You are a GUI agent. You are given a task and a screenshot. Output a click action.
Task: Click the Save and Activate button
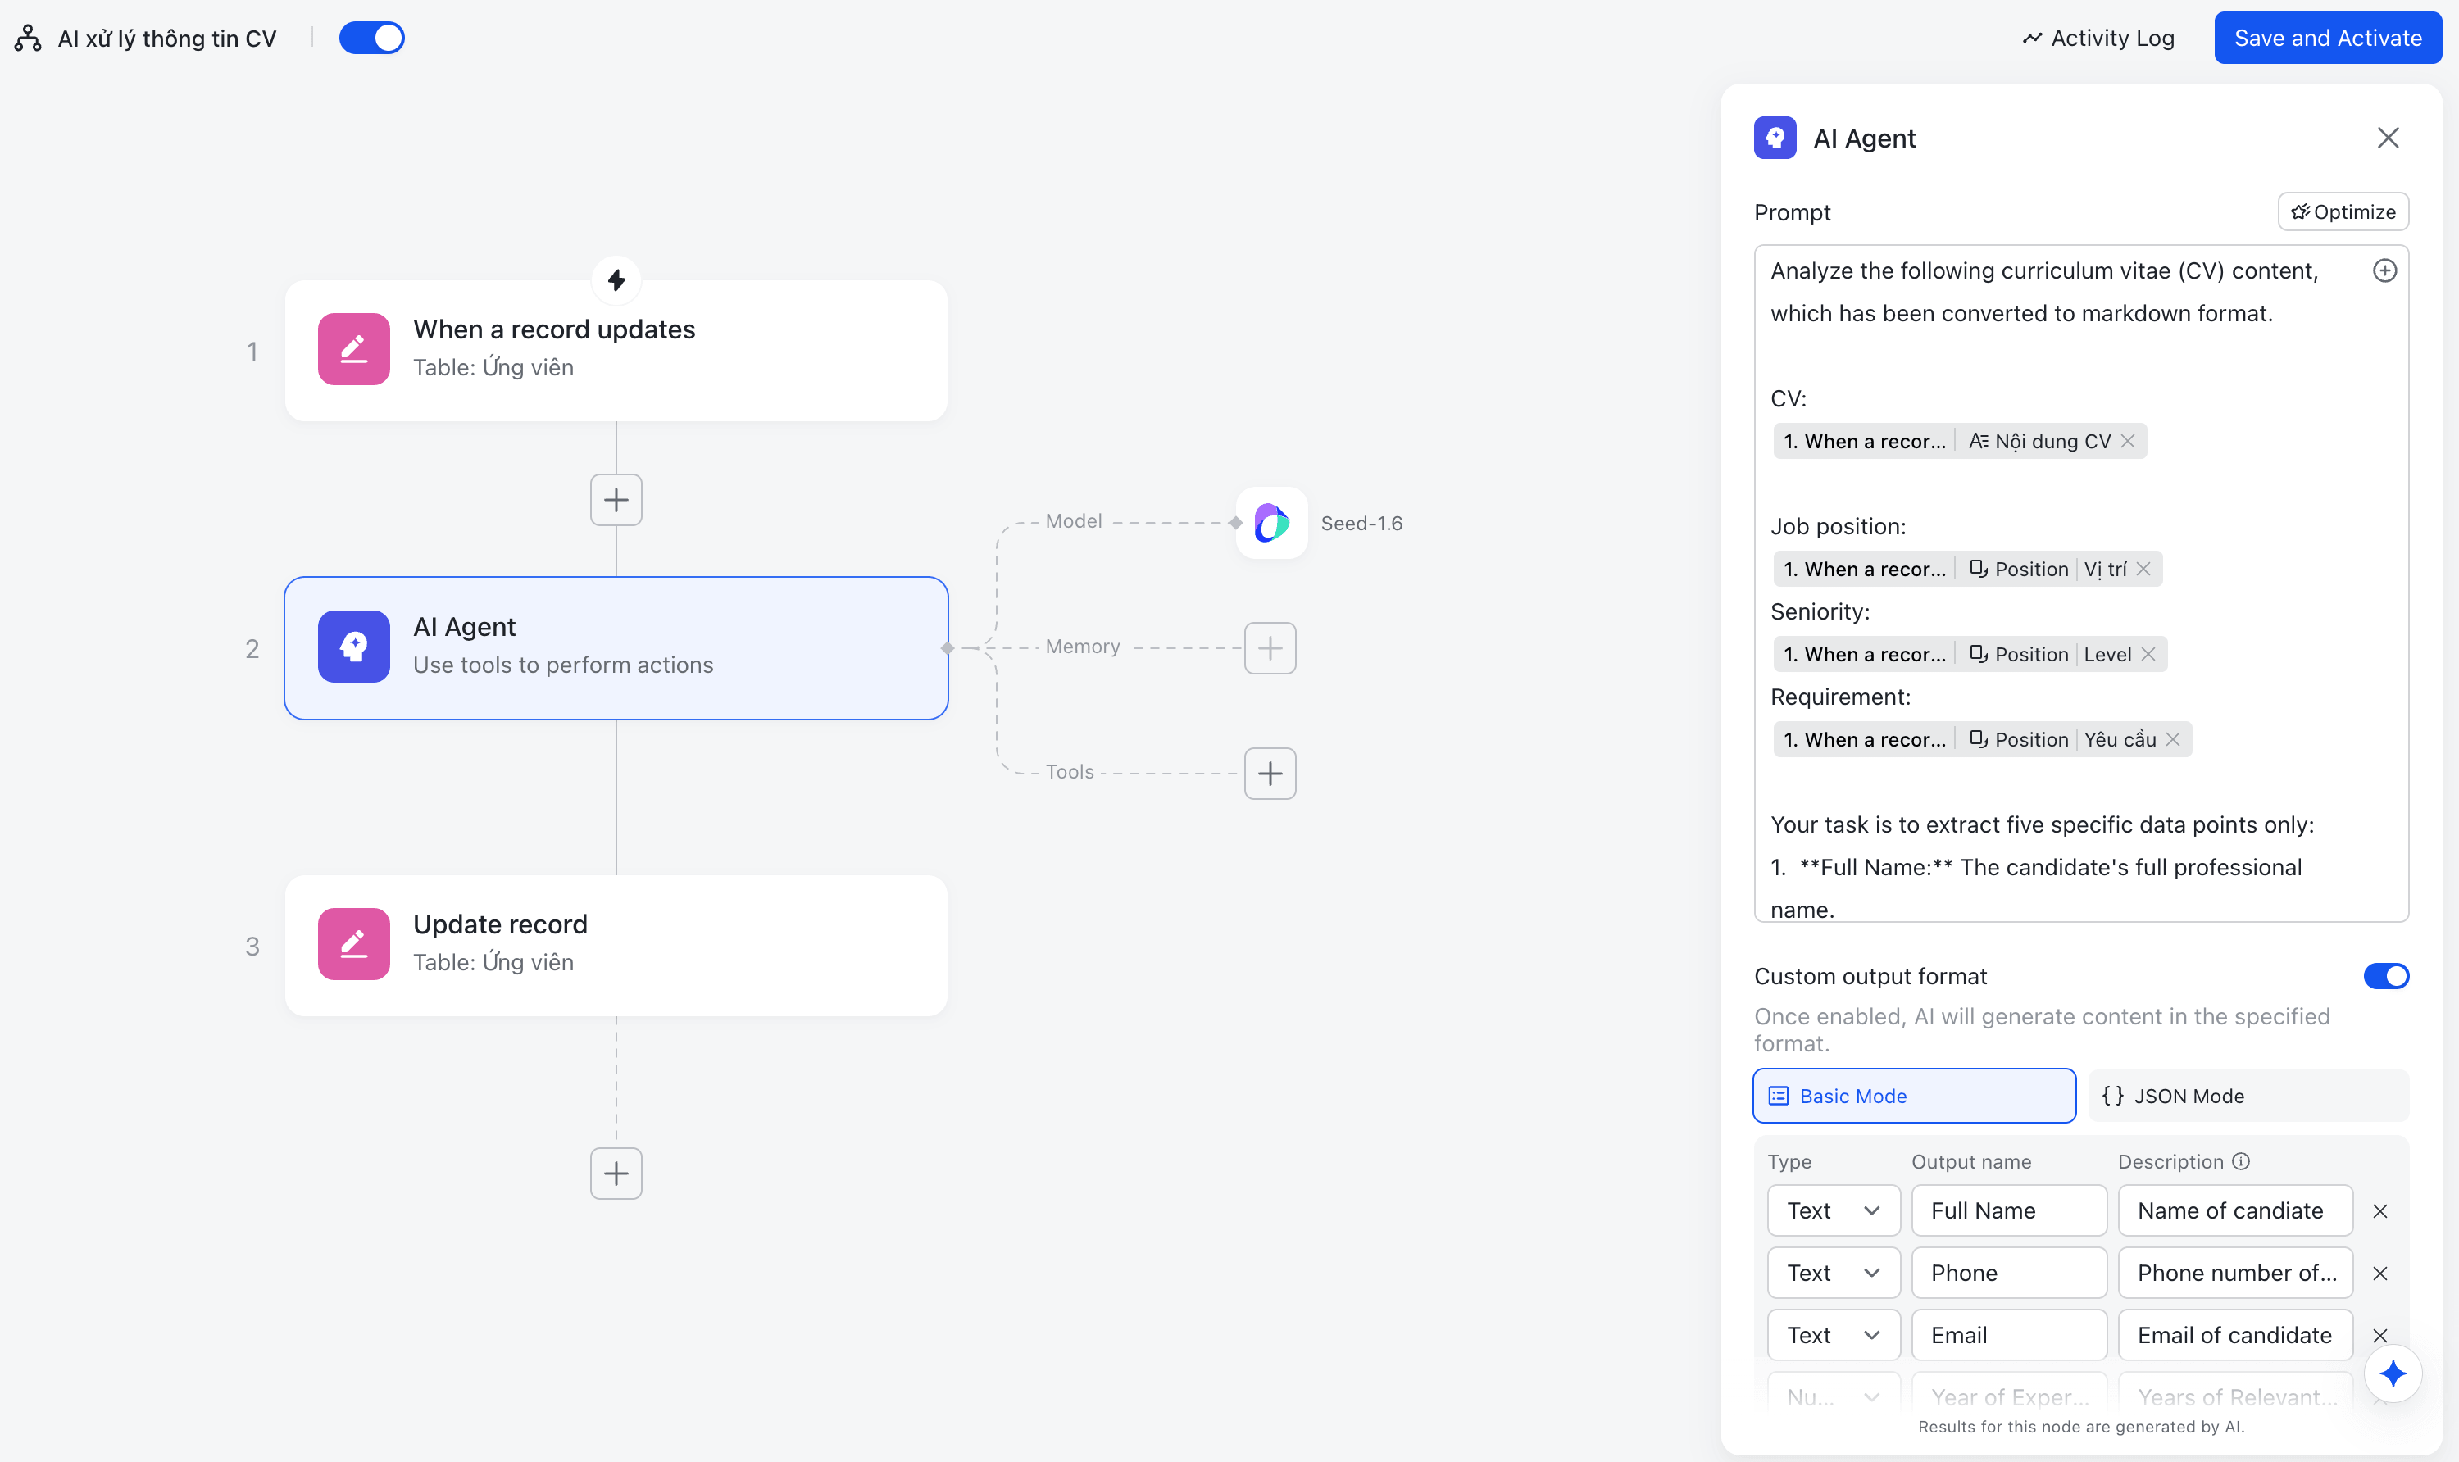tap(2327, 39)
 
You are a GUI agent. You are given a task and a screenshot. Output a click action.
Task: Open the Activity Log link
tap(2098, 39)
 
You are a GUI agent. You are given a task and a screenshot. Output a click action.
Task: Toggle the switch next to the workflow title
tap(371, 39)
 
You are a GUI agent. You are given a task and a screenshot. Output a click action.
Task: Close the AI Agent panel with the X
tap(2387, 138)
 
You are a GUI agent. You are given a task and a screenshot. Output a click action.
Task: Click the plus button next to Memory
tap(1270, 648)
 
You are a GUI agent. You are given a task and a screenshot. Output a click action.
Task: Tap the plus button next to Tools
tap(1270, 774)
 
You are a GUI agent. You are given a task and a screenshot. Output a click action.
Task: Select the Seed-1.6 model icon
tap(1272, 523)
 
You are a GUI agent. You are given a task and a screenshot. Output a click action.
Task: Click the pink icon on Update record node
tap(353, 944)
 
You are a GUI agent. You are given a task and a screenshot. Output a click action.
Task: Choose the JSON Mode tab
tap(2248, 1096)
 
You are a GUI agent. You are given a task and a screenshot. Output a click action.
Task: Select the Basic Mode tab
tap(1914, 1096)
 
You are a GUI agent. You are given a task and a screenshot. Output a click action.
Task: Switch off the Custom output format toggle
tap(2386, 976)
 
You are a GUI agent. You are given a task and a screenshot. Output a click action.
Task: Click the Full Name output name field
tap(2009, 1210)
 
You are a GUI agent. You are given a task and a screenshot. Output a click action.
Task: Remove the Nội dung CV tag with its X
tap(2128, 442)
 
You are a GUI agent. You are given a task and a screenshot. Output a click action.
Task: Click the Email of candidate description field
tap(2235, 1335)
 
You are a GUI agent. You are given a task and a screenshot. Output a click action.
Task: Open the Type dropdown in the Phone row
tap(1834, 1273)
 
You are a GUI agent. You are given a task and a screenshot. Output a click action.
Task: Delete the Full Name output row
tap(2380, 1210)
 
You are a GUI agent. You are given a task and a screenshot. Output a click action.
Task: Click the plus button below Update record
tap(616, 1174)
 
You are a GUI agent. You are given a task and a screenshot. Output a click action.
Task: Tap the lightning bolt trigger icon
tap(616, 281)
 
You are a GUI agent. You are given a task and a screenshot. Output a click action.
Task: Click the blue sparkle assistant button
tap(2392, 1373)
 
